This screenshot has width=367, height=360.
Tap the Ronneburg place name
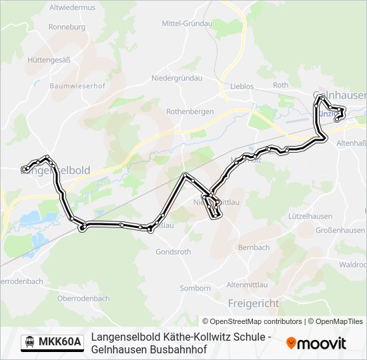67,27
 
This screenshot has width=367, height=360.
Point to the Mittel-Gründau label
187,23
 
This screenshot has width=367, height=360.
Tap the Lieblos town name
242,86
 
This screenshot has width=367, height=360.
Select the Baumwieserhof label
78,85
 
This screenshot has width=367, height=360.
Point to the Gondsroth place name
173,252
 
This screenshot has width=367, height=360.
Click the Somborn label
196,288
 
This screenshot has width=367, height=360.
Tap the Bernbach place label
254,247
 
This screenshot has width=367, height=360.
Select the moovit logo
316,343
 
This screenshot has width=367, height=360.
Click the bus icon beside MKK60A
29,342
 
